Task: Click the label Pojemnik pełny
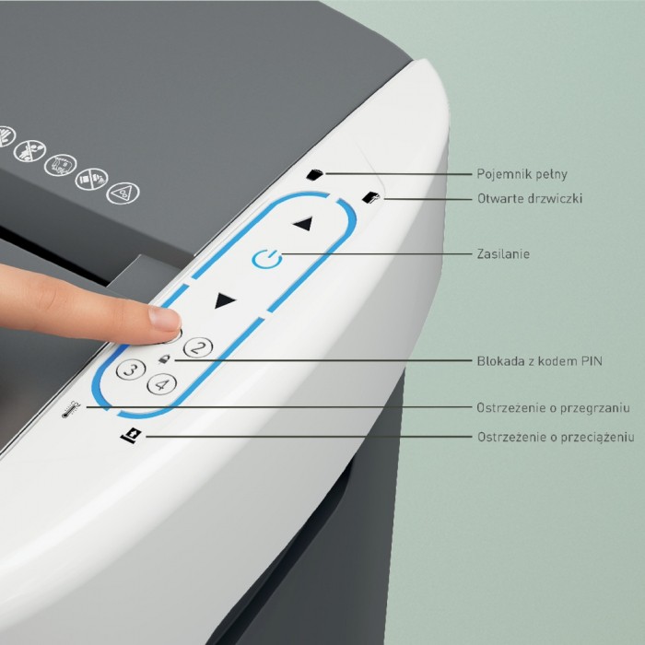coord(522,174)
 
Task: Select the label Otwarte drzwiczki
coord(530,199)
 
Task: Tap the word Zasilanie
coord(503,253)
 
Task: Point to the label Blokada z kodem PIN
coord(539,361)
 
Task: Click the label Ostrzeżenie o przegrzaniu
coord(553,407)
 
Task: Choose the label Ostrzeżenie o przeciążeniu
coord(556,437)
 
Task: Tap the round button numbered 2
coord(198,348)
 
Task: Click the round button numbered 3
coord(131,369)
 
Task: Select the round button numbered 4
coord(162,384)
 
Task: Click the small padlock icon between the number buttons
coord(164,359)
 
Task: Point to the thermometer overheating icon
coord(71,410)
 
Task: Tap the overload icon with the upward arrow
coord(132,435)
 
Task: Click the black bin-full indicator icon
coord(315,174)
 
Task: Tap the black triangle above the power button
coord(303,224)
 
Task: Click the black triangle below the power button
coord(224,300)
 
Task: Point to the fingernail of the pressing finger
coord(165,319)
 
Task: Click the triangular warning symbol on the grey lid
coord(123,193)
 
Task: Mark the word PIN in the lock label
coord(592,361)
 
